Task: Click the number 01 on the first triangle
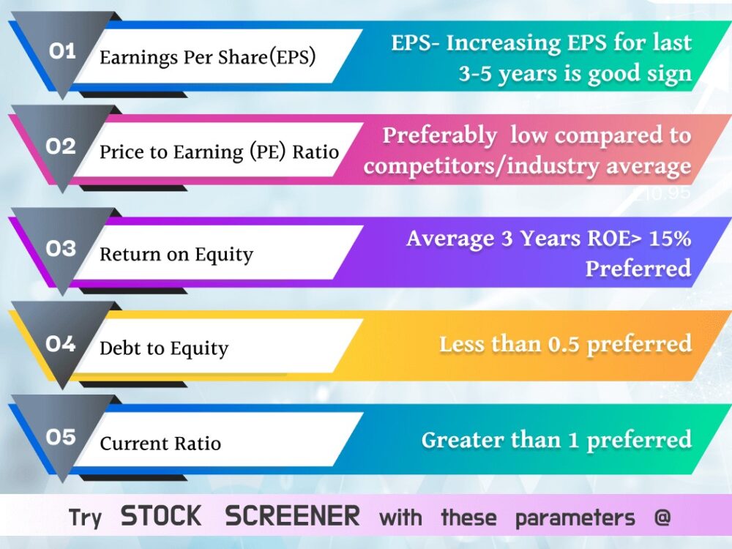pyautogui.click(x=62, y=51)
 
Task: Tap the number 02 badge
pyautogui.click(x=61, y=146)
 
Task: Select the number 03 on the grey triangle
pyautogui.click(x=61, y=248)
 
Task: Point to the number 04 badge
pyautogui.click(x=61, y=344)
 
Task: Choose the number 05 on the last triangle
pyautogui.click(x=61, y=437)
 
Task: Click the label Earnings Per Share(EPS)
pyautogui.click(x=208, y=58)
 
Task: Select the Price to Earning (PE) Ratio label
pyautogui.click(x=219, y=152)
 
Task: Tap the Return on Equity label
pyautogui.click(x=176, y=255)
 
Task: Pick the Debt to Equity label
pyautogui.click(x=164, y=348)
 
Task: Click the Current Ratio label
pyautogui.click(x=160, y=443)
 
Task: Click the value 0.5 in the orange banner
pyautogui.click(x=564, y=345)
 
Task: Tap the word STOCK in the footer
pyautogui.click(x=161, y=516)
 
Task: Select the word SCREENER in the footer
pyautogui.click(x=292, y=516)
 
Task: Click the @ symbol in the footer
pyautogui.click(x=662, y=517)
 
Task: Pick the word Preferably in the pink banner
pyautogui.click(x=439, y=136)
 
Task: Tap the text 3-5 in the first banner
pyautogui.click(x=475, y=74)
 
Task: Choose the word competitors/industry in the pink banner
pyautogui.click(x=481, y=167)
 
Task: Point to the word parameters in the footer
pyautogui.click(x=575, y=518)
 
